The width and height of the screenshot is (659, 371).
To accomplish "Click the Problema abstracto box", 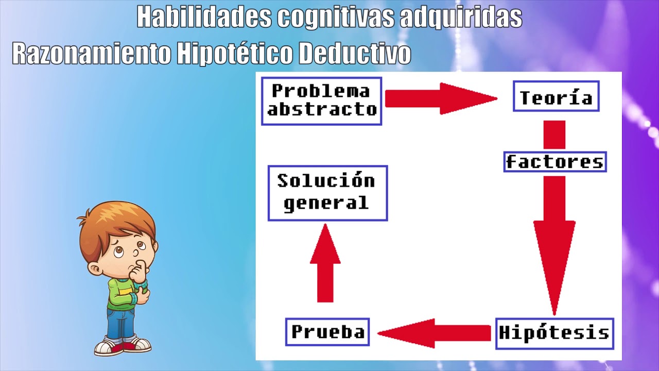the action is coord(322,102).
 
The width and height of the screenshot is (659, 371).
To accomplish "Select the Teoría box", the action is coord(556,96).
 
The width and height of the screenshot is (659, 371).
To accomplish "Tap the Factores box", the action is coord(555,162).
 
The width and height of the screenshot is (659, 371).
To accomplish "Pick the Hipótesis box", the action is coord(554,333).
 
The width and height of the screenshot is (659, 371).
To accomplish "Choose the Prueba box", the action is coord(327,332).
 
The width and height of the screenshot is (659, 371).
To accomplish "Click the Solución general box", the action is coord(328,193).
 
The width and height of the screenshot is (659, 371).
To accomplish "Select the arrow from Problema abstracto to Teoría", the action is coord(441,98).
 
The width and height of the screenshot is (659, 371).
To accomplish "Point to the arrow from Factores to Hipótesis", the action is coord(554,246).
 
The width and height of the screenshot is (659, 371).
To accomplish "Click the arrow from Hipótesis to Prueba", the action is coord(434,333).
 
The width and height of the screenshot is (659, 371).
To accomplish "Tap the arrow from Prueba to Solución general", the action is coord(325,263).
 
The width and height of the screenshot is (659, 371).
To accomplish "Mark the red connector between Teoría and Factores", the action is coord(554,135).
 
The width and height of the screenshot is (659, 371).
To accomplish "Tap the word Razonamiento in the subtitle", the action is coord(92,53).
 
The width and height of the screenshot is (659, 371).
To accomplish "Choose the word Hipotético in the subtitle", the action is coord(234,53).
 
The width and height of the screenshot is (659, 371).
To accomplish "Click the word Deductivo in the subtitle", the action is coord(355,53).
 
